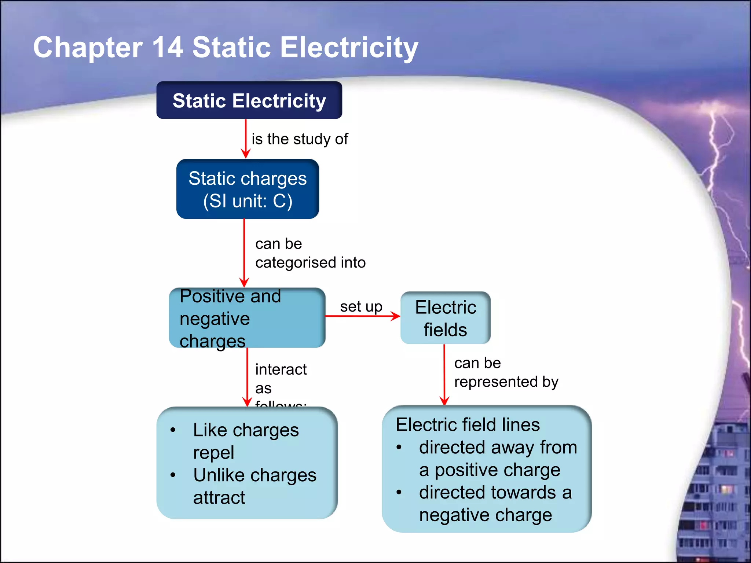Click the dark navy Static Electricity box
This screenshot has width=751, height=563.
(x=249, y=100)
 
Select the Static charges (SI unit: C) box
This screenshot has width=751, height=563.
(x=248, y=189)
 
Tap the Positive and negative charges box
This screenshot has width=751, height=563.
(x=247, y=318)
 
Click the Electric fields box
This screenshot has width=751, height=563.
(x=445, y=318)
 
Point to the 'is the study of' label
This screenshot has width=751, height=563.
(x=300, y=139)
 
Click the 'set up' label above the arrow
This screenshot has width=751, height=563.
(x=361, y=306)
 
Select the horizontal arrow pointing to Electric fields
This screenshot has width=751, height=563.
(x=362, y=316)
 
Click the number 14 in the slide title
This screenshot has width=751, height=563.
(x=168, y=47)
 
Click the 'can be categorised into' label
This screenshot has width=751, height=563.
(x=310, y=253)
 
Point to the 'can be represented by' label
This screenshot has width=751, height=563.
(x=506, y=372)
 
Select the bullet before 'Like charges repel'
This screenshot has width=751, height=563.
(x=173, y=430)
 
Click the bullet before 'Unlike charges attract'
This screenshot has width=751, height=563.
(x=173, y=475)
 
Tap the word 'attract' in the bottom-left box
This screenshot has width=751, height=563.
(x=219, y=497)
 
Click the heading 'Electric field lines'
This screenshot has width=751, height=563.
(x=468, y=425)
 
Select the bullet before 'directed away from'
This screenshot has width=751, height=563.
(x=399, y=447)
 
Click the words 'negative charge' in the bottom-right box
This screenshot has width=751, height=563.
(x=485, y=515)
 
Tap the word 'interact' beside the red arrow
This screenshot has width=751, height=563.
(x=281, y=369)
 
